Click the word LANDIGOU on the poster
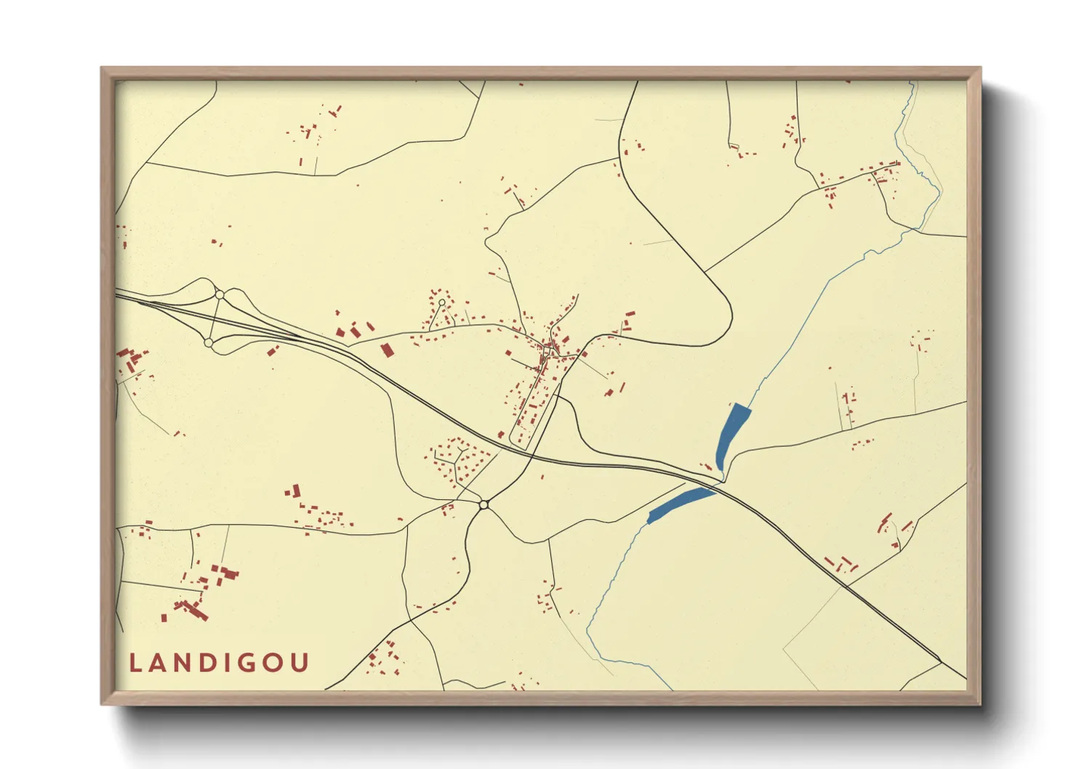219,663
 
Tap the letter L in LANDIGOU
134,663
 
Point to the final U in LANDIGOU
301,663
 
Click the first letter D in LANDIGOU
206,663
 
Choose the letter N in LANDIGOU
181,663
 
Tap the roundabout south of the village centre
483,504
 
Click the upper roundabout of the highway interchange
220,294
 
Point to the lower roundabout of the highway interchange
209,342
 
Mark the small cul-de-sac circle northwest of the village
441,302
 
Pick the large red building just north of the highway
387,350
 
